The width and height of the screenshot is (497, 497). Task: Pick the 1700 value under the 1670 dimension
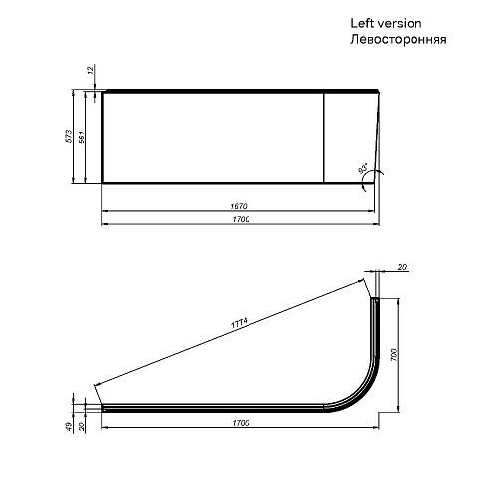tap(239, 219)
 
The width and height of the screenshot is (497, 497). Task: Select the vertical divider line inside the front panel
tap(324, 137)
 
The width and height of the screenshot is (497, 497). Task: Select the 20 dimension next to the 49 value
tap(83, 426)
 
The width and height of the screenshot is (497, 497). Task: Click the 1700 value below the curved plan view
tap(239, 424)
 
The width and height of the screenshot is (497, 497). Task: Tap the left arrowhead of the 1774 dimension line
tap(96, 388)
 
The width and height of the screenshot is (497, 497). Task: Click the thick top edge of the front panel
tap(239, 91)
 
